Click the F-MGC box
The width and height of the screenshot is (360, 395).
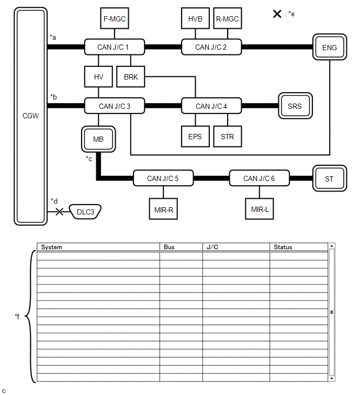[x=114, y=19]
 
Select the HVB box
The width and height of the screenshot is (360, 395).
[x=196, y=19]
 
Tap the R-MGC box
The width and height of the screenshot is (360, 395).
[x=227, y=19]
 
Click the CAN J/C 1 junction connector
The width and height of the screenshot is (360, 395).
[x=114, y=47]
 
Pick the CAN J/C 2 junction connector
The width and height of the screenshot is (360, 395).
[x=211, y=47]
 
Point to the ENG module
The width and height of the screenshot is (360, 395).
[x=330, y=48]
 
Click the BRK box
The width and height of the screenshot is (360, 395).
[x=131, y=77]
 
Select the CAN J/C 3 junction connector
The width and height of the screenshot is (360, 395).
[x=114, y=106]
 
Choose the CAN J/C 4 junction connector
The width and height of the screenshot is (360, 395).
[x=211, y=106]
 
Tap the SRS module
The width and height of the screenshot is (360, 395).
[x=295, y=106]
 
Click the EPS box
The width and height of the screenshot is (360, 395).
[x=195, y=137]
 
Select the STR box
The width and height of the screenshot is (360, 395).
[x=227, y=137]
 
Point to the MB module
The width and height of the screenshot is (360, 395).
[x=98, y=139]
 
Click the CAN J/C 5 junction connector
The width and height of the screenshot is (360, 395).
[x=163, y=178]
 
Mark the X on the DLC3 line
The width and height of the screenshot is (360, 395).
[x=60, y=212]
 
